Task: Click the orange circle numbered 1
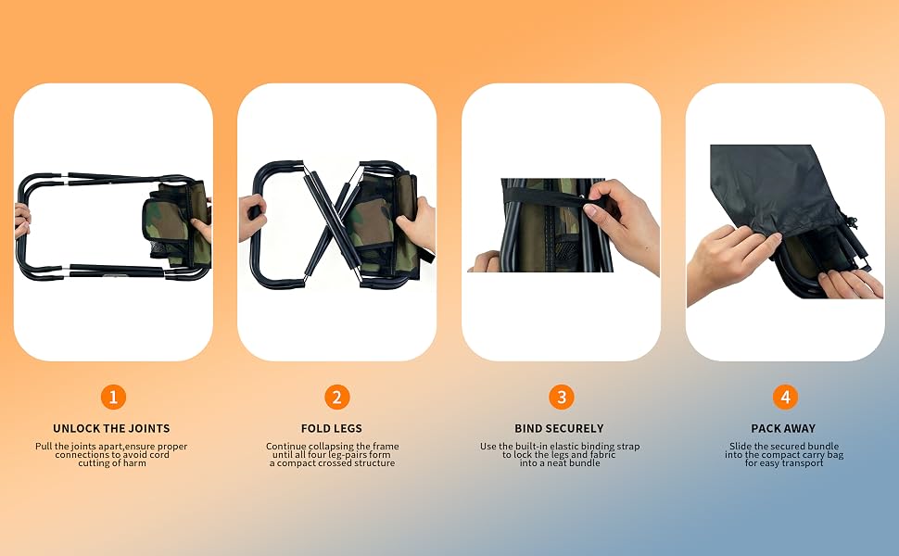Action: click(113, 397)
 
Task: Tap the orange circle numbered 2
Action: click(337, 397)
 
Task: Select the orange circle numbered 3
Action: click(562, 397)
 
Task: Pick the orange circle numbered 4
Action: click(786, 397)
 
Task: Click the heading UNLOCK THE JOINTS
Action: click(111, 428)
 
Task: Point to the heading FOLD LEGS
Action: click(332, 428)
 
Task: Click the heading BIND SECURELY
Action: click(559, 428)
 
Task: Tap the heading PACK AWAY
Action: click(783, 428)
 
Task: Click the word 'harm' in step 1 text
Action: click(134, 463)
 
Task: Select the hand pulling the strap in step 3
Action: click(622, 221)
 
